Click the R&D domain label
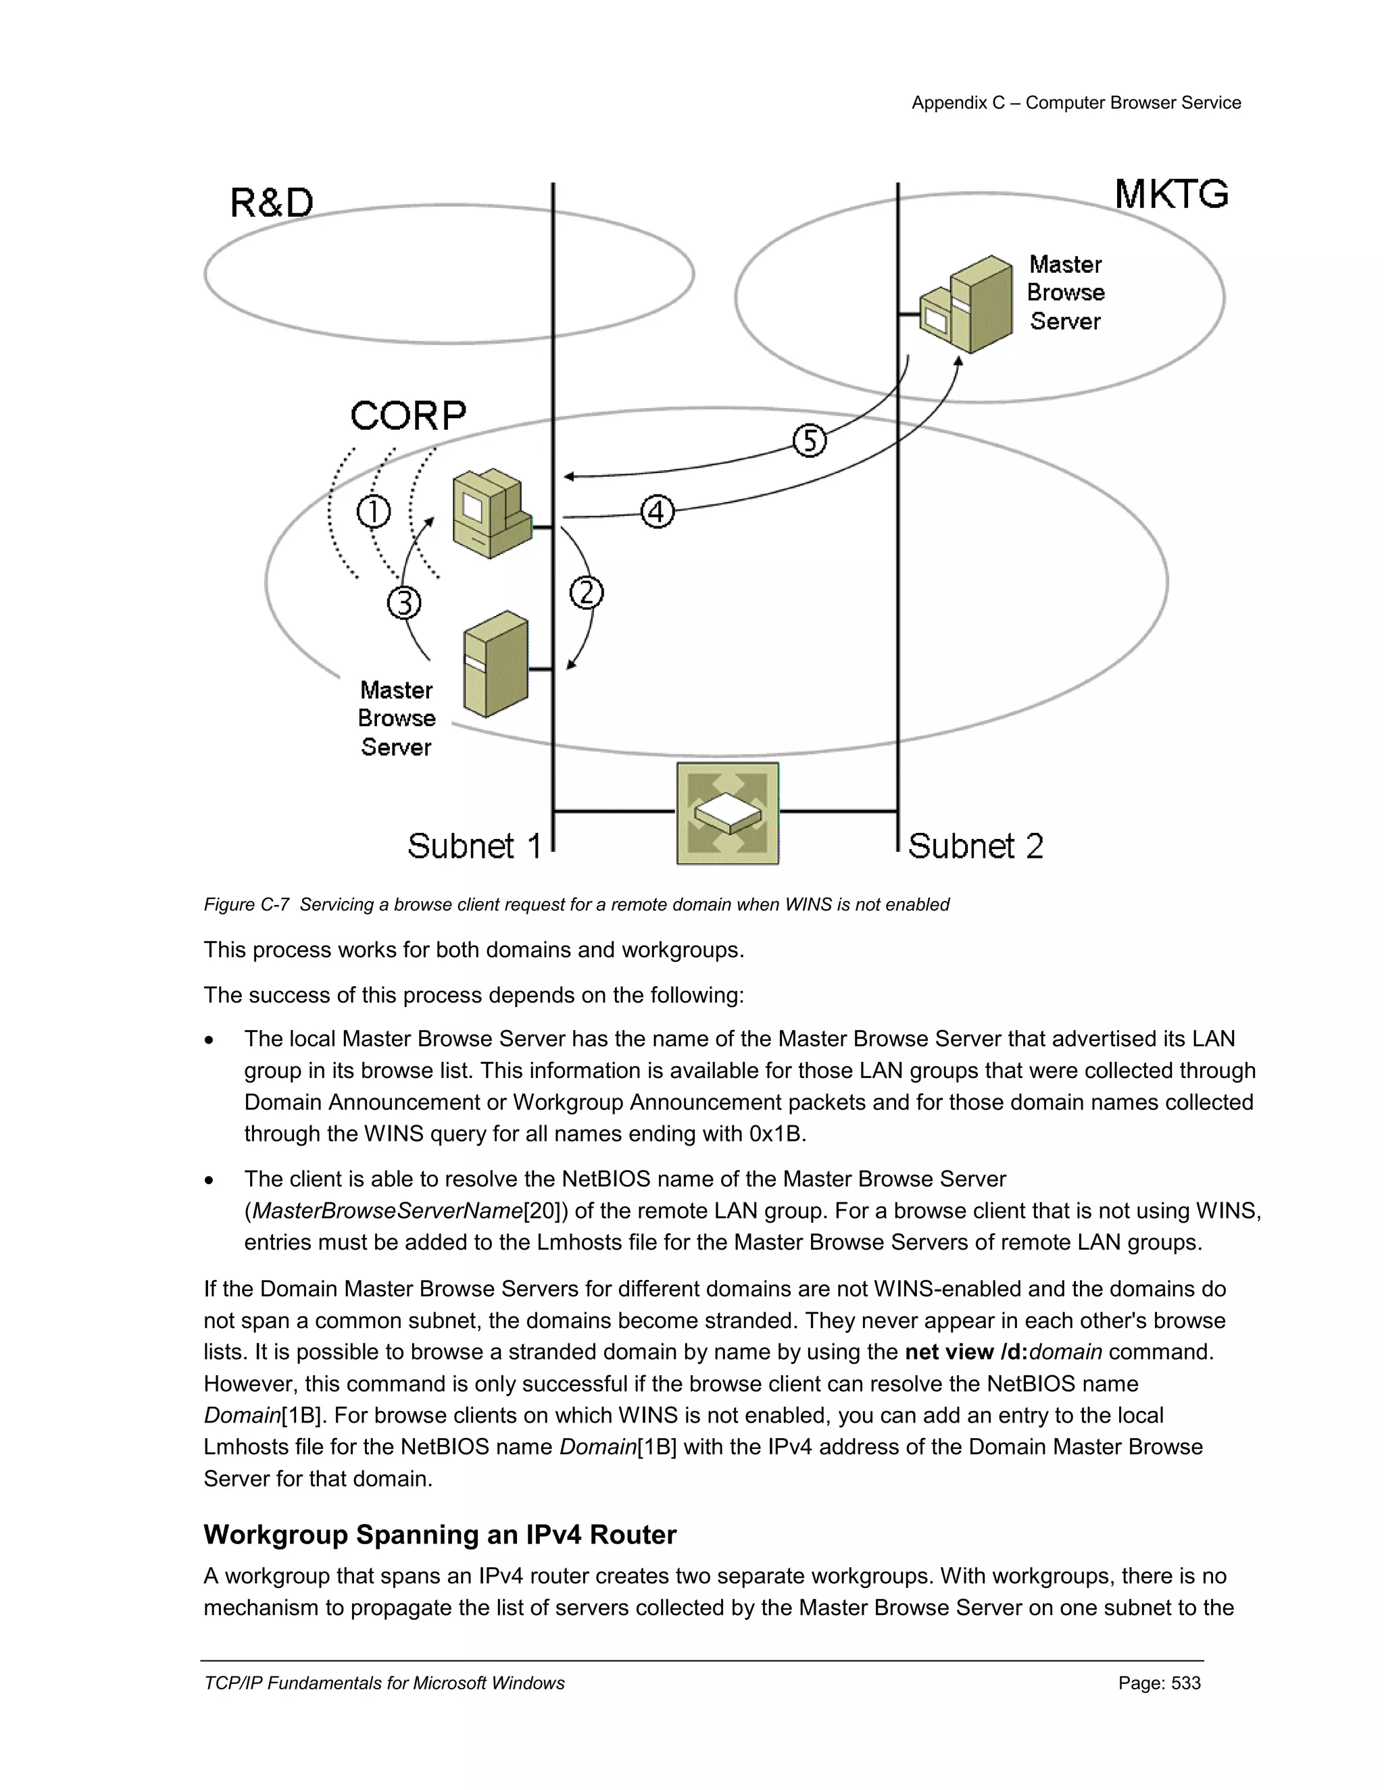272,203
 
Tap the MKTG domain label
1171,195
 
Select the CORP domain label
407,415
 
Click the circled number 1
374,512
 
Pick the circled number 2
586,592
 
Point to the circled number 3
404,603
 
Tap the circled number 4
657,512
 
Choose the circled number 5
809,441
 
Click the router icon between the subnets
727,813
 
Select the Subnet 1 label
474,846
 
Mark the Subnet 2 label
975,846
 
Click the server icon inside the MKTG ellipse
966,305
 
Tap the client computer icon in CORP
491,514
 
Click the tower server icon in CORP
495,664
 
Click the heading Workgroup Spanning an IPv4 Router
439,1534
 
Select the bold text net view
949,1352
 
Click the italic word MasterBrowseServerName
387,1210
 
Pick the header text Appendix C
958,103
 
